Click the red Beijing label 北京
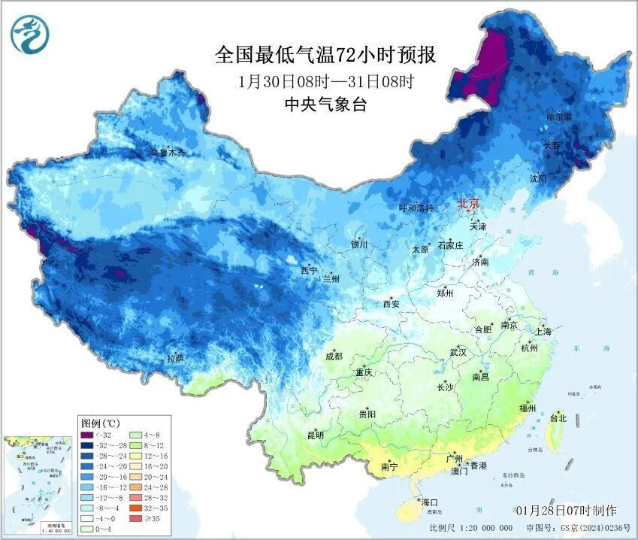(x=469, y=203)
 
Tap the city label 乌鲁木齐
(x=166, y=153)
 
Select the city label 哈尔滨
(x=559, y=117)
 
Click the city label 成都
(x=334, y=356)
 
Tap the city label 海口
(x=429, y=502)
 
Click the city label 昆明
(x=315, y=435)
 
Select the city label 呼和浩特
(x=416, y=208)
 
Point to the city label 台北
(x=558, y=417)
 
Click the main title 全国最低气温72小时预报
(x=325, y=56)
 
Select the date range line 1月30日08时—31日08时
(x=325, y=80)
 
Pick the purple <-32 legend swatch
(x=88, y=435)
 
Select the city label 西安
(x=392, y=304)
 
